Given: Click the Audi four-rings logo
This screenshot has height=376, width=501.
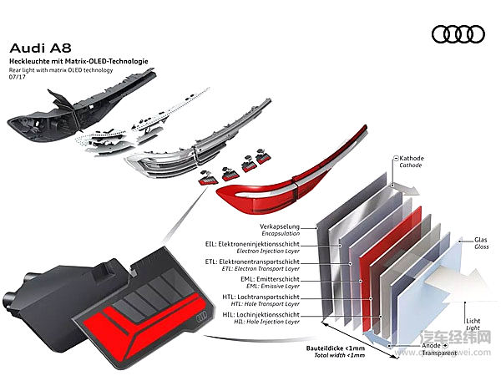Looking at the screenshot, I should (x=458, y=34).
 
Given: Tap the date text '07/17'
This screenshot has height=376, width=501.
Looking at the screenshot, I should (x=18, y=79).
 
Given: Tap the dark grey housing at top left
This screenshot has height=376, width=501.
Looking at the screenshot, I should (x=50, y=117).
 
